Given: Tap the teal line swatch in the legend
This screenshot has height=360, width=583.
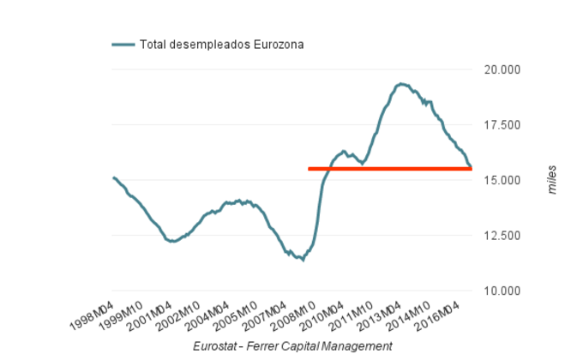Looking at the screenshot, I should pos(123,45).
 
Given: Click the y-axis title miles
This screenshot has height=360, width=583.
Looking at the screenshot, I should pos(553,180).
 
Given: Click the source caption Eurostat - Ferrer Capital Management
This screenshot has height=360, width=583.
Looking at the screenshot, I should pos(292,345).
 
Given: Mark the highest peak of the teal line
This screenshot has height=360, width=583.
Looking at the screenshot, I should pos(400,83).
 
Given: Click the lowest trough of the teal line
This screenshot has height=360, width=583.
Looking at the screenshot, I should pos(303,260).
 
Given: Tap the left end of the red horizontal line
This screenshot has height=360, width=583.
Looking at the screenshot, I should pos(310,169).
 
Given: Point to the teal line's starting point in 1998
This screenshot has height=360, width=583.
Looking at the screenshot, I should pos(113,177).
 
